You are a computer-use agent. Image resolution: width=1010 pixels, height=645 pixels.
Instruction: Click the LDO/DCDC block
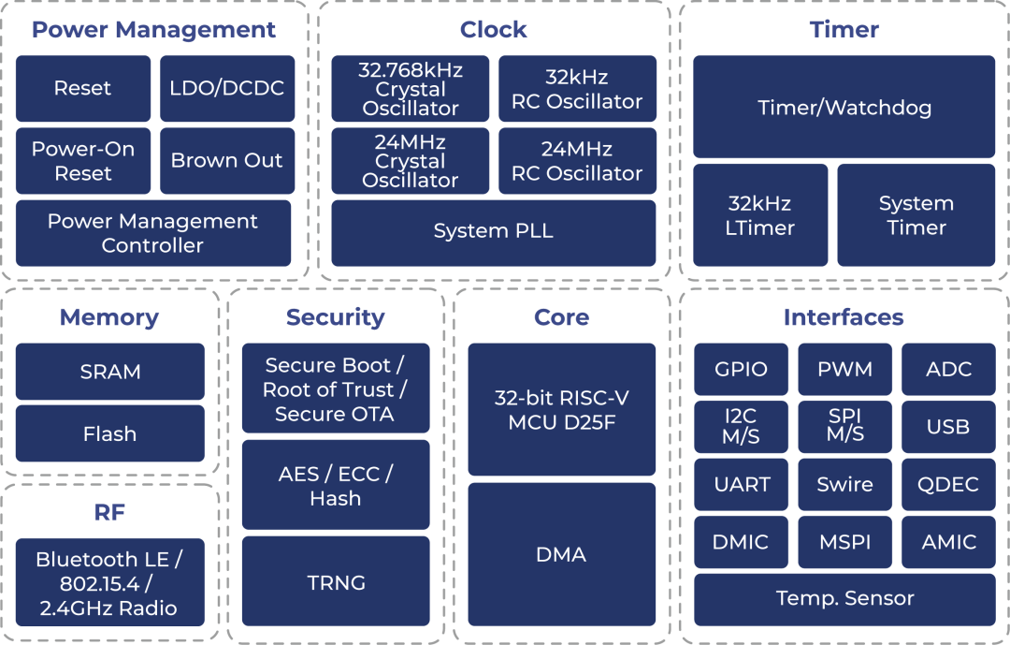pyautogui.click(x=227, y=89)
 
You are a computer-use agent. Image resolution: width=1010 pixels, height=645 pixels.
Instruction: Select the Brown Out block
pyautogui.click(x=227, y=161)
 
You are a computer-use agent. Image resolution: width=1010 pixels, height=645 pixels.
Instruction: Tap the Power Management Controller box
pyautogui.click(x=153, y=233)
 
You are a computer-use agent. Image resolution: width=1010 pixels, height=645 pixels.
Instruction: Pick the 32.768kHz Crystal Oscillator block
pyautogui.click(x=411, y=89)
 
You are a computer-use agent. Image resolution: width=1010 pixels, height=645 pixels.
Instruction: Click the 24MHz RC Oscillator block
pyautogui.click(x=577, y=161)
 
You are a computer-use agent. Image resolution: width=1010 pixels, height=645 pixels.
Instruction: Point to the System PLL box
pyautogui.click(x=494, y=230)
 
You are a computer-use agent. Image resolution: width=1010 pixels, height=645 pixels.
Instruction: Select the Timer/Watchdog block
pyautogui.click(x=844, y=108)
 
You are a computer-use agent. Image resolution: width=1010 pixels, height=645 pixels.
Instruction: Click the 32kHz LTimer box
pyautogui.click(x=760, y=215)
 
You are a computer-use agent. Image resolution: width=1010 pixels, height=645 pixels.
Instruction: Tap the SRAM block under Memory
pyautogui.click(x=110, y=372)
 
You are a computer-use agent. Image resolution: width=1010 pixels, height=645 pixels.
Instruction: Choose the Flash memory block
pyautogui.click(x=110, y=433)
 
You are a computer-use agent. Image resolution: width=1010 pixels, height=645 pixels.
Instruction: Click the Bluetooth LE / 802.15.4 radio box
pyautogui.click(x=109, y=583)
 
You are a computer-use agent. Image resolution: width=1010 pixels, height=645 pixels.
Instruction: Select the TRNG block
pyautogui.click(x=336, y=582)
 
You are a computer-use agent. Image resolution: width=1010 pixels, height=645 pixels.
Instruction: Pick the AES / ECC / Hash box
pyautogui.click(x=336, y=486)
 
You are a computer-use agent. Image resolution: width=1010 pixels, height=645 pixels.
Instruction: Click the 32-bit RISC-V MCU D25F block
pyautogui.click(x=562, y=410)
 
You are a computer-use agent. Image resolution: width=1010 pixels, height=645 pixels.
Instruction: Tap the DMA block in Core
pyautogui.click(x=562, y=554)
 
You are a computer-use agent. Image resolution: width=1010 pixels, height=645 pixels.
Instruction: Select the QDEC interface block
pyautogui.click(x=948, y=485)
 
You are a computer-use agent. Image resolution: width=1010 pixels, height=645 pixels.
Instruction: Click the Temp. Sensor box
pyautogui.click(x=844, y=598)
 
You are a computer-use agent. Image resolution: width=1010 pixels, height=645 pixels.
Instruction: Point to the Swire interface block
pyautogui.click(x=844, y=485)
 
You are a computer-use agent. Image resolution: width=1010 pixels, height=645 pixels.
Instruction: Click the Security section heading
pyautogui.click(x=335, y=317)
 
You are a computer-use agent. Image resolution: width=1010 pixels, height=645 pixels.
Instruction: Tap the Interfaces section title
pyautogui.click(x=844, y=317)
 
